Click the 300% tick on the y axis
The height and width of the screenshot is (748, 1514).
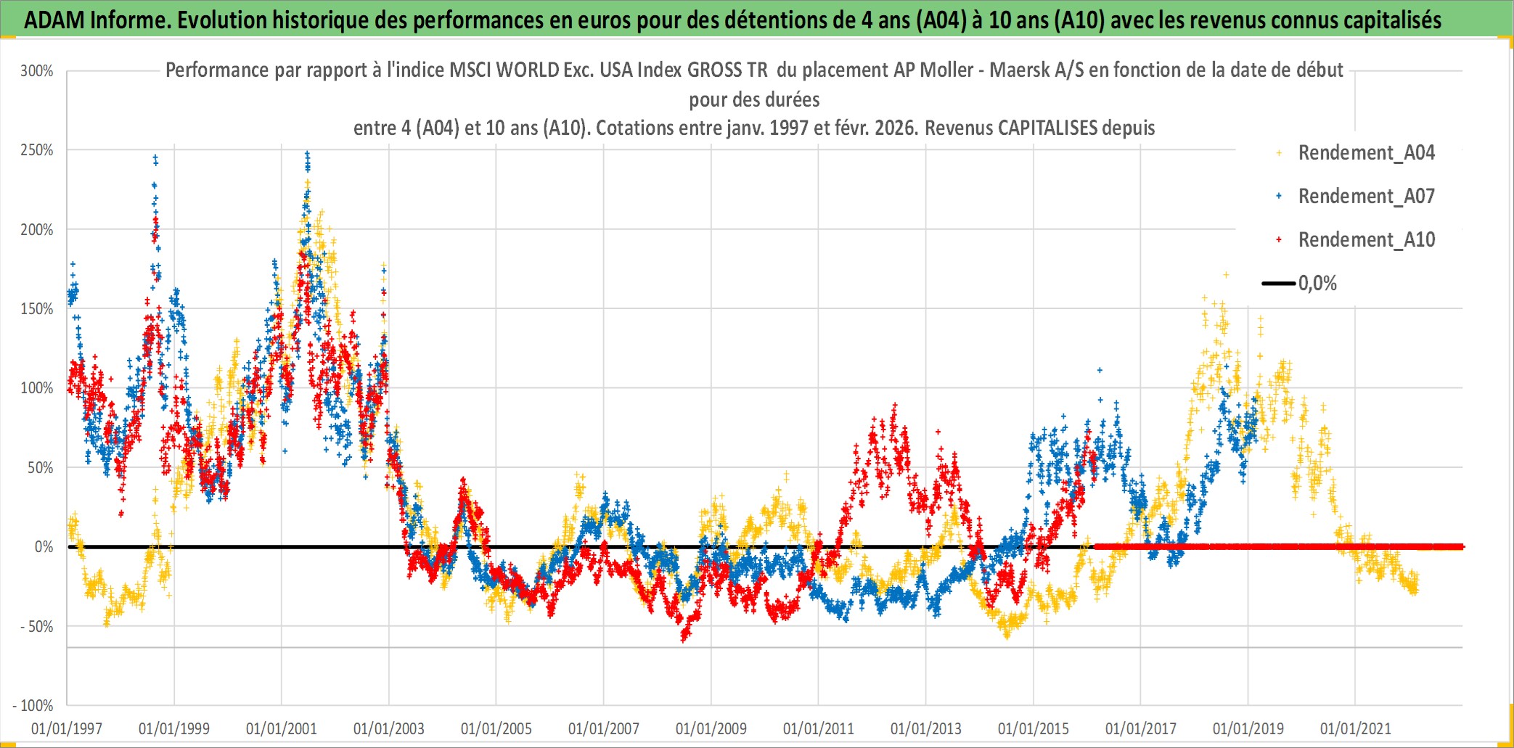pyautogui.click(x=37, y=71)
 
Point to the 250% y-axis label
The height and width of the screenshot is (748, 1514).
pyautogui.click(x=37, y=150)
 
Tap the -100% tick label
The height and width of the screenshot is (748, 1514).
pyautogui.click(x=33, y=705)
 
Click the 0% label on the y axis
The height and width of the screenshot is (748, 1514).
pyautogui.click(x=44, y=547)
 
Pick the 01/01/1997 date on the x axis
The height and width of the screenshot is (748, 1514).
pyautogui.click(x=67, y=728)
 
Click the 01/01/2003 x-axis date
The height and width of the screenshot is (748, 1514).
pyautogui.click(x=389, y=728)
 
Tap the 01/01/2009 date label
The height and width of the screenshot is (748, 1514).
pyautogui.click(x=711, y=728)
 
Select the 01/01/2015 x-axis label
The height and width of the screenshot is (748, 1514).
pyautogui.click(x=1034, y=728)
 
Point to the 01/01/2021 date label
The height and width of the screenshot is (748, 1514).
pyautogui.click(x=1356, y=728)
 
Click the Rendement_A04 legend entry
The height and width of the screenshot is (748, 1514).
pyautogui.click(x=1366, y=153)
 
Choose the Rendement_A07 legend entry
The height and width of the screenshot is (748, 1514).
pyautogui.click(x=1366, y=197)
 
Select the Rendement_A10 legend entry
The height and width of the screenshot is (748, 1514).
pyautogui.click(x=1366, y=240)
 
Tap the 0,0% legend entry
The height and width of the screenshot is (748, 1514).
pyautogui.click(x=1317, y=284)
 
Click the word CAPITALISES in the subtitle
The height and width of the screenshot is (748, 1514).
pyautogui.click(x=1047, y=128)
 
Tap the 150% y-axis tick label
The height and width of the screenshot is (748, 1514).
pyautogui.click(x=37, y=309)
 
